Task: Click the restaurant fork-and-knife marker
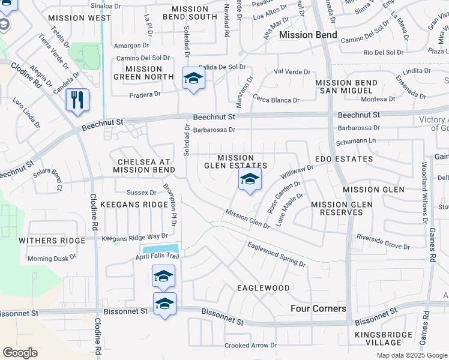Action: [77, 100]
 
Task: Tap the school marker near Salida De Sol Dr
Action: [193, 79]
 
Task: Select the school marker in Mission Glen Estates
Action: [250, 179]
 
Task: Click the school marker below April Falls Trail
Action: [163, 277]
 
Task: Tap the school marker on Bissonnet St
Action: [165, 304]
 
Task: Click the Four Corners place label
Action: [318, 308]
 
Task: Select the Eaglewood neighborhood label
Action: [264, 288]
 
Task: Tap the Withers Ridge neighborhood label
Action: [52, 240]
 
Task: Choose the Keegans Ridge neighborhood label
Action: [142, 205]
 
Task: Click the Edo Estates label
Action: [344, 159]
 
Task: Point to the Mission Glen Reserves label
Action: [342, 209]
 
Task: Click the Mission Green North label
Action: [144, 73]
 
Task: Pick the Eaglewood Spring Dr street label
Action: [276, 253]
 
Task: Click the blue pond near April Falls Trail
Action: [160, 249]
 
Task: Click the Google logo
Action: [20, 353]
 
